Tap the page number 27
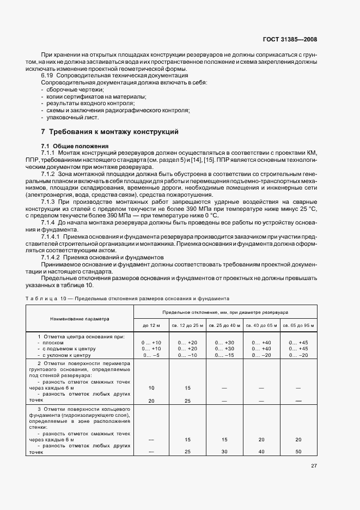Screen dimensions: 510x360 pos(314,466)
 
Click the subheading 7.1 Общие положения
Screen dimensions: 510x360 pos(75,145)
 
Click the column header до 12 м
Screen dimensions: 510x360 pos(151,325)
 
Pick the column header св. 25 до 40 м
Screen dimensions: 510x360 pos(224,325)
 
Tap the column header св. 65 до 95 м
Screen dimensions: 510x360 pos(297,325)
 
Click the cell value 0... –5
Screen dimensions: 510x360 pos(151,355)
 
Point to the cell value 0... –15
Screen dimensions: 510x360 pos(224,355)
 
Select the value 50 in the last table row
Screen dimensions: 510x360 pos(297,452)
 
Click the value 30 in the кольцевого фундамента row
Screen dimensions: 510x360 pos(224,452)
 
